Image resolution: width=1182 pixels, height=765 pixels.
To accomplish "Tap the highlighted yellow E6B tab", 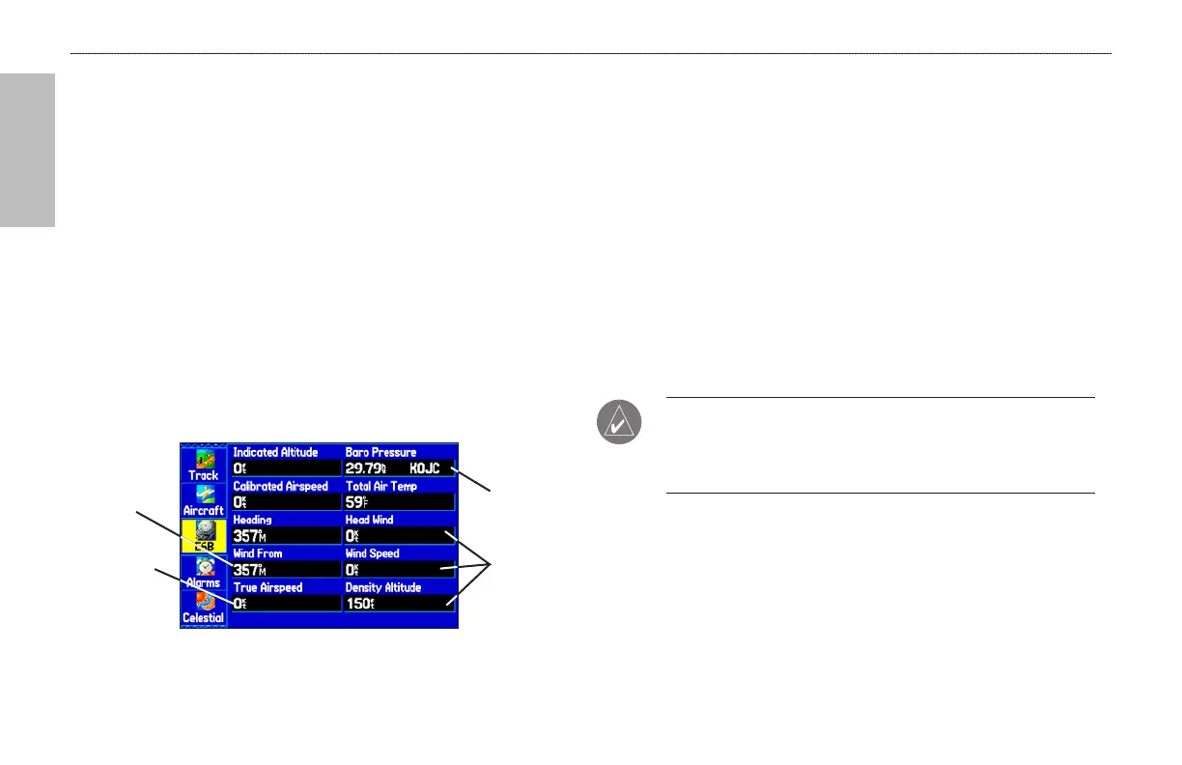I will (204, 534).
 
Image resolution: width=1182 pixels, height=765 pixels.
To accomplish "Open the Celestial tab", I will (204, 606).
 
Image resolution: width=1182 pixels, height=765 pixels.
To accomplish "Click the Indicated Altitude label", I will (275, 452).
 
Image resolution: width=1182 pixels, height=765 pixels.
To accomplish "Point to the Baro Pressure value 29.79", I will (365, 468).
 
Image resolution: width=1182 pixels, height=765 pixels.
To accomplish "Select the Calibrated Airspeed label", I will (280, 486).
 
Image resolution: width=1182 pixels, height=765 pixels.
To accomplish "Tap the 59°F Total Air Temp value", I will (355, 502).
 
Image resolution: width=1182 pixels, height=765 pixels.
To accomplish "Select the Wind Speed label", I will (373, 553).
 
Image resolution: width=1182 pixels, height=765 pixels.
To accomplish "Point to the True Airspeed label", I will (267, 587).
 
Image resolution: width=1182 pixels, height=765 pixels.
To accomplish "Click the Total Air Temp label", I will (380, 486).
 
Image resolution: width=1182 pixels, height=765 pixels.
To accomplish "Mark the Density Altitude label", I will (382, 587).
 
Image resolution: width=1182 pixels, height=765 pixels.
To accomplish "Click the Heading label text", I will (252, 520).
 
